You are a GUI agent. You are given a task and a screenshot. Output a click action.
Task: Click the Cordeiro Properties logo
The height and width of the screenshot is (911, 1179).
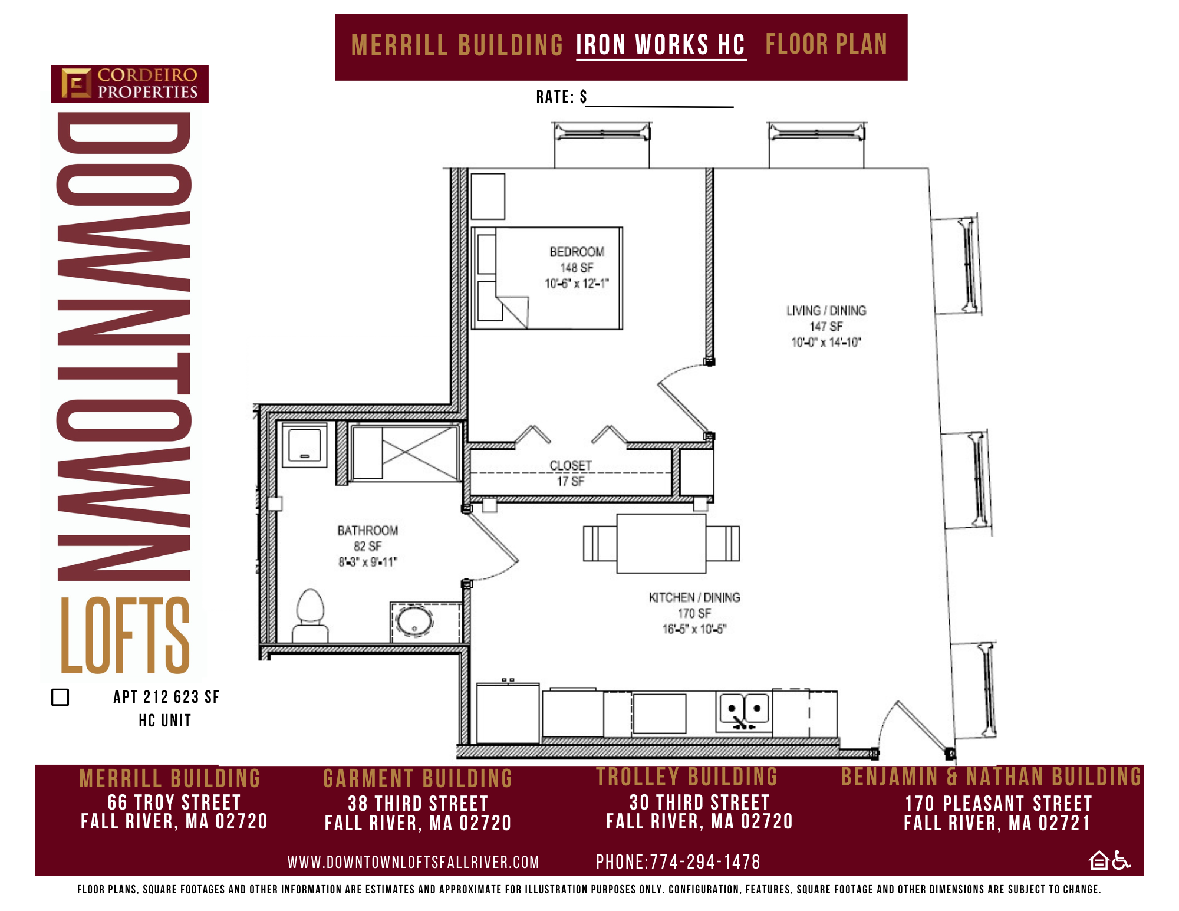point(130,84)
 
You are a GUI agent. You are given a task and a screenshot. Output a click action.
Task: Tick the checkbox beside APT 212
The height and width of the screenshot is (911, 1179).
point(60,697)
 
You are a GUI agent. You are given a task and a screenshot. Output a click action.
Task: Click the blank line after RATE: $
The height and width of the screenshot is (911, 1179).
point(660,106)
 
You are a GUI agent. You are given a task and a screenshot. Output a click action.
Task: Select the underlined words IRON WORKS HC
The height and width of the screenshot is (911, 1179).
point(661,45)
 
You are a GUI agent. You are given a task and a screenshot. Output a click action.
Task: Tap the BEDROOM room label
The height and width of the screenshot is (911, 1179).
point(577,252)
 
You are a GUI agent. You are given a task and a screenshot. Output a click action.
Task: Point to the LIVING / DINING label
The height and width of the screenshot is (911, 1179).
point(826,311)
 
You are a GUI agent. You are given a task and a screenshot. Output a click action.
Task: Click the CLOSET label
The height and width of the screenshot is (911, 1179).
point(571,465)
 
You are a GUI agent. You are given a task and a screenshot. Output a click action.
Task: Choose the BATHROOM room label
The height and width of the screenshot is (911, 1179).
point(368,531)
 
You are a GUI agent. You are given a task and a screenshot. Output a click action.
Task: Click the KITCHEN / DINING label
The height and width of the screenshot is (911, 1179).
point(694,597)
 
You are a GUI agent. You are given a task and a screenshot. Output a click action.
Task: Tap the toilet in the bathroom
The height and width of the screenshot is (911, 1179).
point(311,616)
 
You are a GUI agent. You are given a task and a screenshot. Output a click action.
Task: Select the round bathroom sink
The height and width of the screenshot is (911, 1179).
point(414,621)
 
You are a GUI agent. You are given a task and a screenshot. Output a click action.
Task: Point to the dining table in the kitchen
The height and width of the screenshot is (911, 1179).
point(661,543)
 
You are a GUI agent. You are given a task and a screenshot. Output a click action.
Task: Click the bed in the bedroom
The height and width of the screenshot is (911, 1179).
point(547,278)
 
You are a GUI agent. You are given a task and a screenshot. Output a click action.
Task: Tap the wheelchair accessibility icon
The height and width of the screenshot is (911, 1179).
point(1121,860)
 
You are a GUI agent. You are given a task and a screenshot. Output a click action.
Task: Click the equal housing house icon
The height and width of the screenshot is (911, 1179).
point(1099,860)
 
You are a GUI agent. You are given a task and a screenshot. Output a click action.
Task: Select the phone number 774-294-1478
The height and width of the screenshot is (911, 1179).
point(705,862)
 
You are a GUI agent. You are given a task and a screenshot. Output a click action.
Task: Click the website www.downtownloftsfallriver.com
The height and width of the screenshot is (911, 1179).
point(413,863)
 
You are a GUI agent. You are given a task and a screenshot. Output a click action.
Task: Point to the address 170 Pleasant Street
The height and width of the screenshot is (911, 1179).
point(999,804)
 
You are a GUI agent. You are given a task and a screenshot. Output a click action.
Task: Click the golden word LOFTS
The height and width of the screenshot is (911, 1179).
point(125,635)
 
